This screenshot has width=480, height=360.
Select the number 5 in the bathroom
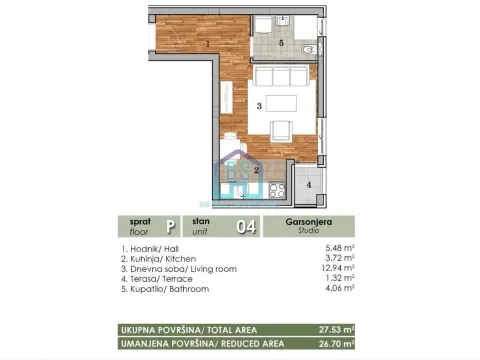point(281,44)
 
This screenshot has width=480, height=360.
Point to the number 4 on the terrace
point(308,185)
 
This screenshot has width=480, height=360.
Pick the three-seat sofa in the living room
point(283,77)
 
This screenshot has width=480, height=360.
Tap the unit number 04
point(244,227)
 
